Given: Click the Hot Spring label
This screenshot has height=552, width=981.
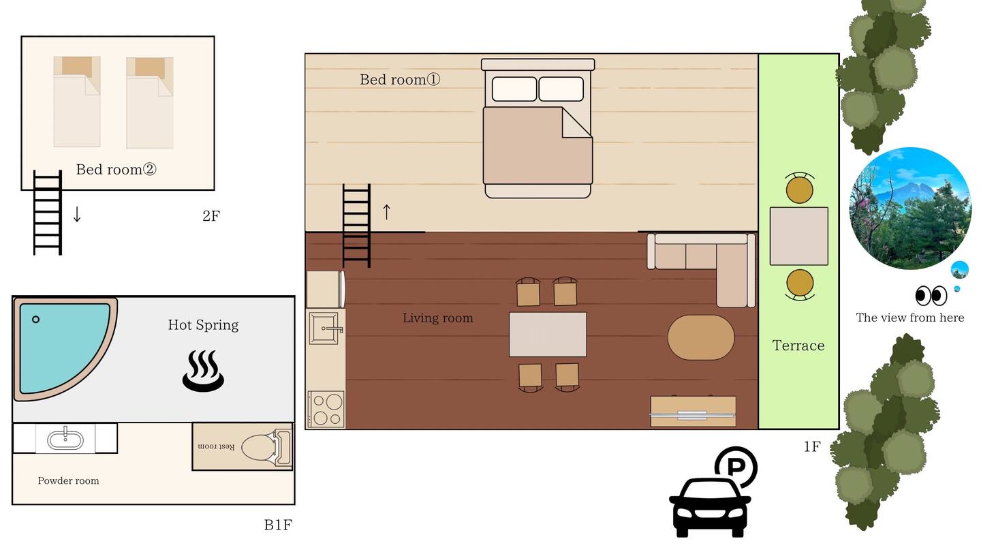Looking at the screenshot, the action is pos(203,325).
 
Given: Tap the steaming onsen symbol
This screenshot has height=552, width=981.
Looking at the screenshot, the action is pos(203,371).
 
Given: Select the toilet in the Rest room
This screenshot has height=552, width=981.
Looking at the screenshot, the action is pos(266,448).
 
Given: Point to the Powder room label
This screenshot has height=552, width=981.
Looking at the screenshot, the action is pos(68,480).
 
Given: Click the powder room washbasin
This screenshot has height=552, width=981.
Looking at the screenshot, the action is pos(65,440).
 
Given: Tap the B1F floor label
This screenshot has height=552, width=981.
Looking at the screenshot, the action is pos(278,525).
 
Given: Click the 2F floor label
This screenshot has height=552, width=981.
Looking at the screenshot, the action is pos(211,215).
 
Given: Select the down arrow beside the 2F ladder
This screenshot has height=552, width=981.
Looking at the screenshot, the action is pos(77,214).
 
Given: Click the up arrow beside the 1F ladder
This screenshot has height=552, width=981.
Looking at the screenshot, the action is pos(386,212).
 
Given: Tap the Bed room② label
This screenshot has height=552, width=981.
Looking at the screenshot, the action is pos(116,169).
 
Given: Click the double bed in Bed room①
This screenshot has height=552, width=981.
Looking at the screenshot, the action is pos(538,128).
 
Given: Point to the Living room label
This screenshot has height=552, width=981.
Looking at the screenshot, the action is pos(438,318).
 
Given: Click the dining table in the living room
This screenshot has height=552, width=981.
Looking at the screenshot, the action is pos(548,334).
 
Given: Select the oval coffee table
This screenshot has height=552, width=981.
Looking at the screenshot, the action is pos(701,337).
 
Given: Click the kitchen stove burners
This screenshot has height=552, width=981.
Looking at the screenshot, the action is pos(326,409).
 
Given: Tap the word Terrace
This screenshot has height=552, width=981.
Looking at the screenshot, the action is pos(798,346).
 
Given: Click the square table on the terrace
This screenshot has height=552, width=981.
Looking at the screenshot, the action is pos(799,236).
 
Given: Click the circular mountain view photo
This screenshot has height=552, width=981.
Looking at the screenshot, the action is pos(909,209).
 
